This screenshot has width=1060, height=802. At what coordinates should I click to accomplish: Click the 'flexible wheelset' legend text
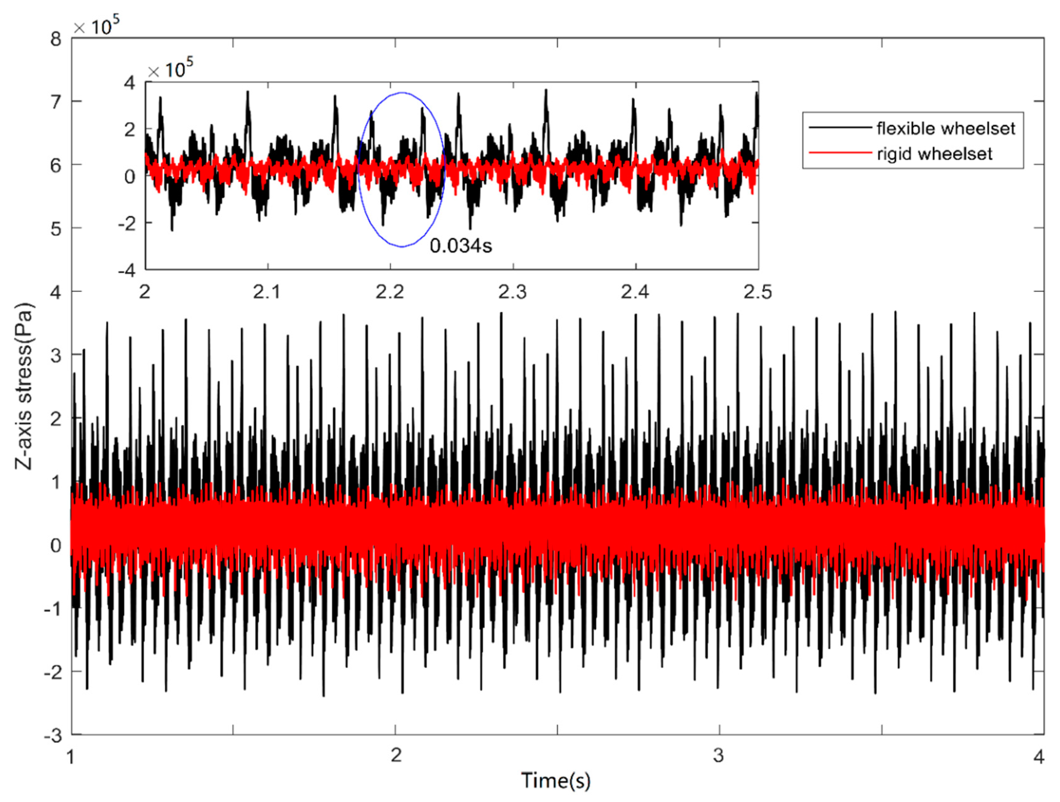pos(946,128)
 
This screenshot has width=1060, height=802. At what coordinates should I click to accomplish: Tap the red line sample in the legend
pos(840,153)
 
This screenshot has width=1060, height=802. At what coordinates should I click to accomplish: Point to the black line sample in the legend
pos(840,127)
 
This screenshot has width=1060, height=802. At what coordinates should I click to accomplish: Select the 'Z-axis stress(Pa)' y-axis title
pos(24,386)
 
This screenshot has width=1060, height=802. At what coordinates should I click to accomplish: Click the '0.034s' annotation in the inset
pos(461,246)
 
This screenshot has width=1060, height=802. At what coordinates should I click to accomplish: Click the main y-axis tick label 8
pos(56,39)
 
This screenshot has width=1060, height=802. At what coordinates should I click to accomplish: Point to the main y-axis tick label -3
pos(53,736)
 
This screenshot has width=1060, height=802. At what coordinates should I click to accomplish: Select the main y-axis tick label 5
pos(56,229)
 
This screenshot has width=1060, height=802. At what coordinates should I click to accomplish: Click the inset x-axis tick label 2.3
pos(513,292)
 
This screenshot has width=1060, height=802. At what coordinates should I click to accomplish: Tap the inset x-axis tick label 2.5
pos(757,292)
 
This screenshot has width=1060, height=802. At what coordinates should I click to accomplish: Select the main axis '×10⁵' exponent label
pos(96,26)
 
